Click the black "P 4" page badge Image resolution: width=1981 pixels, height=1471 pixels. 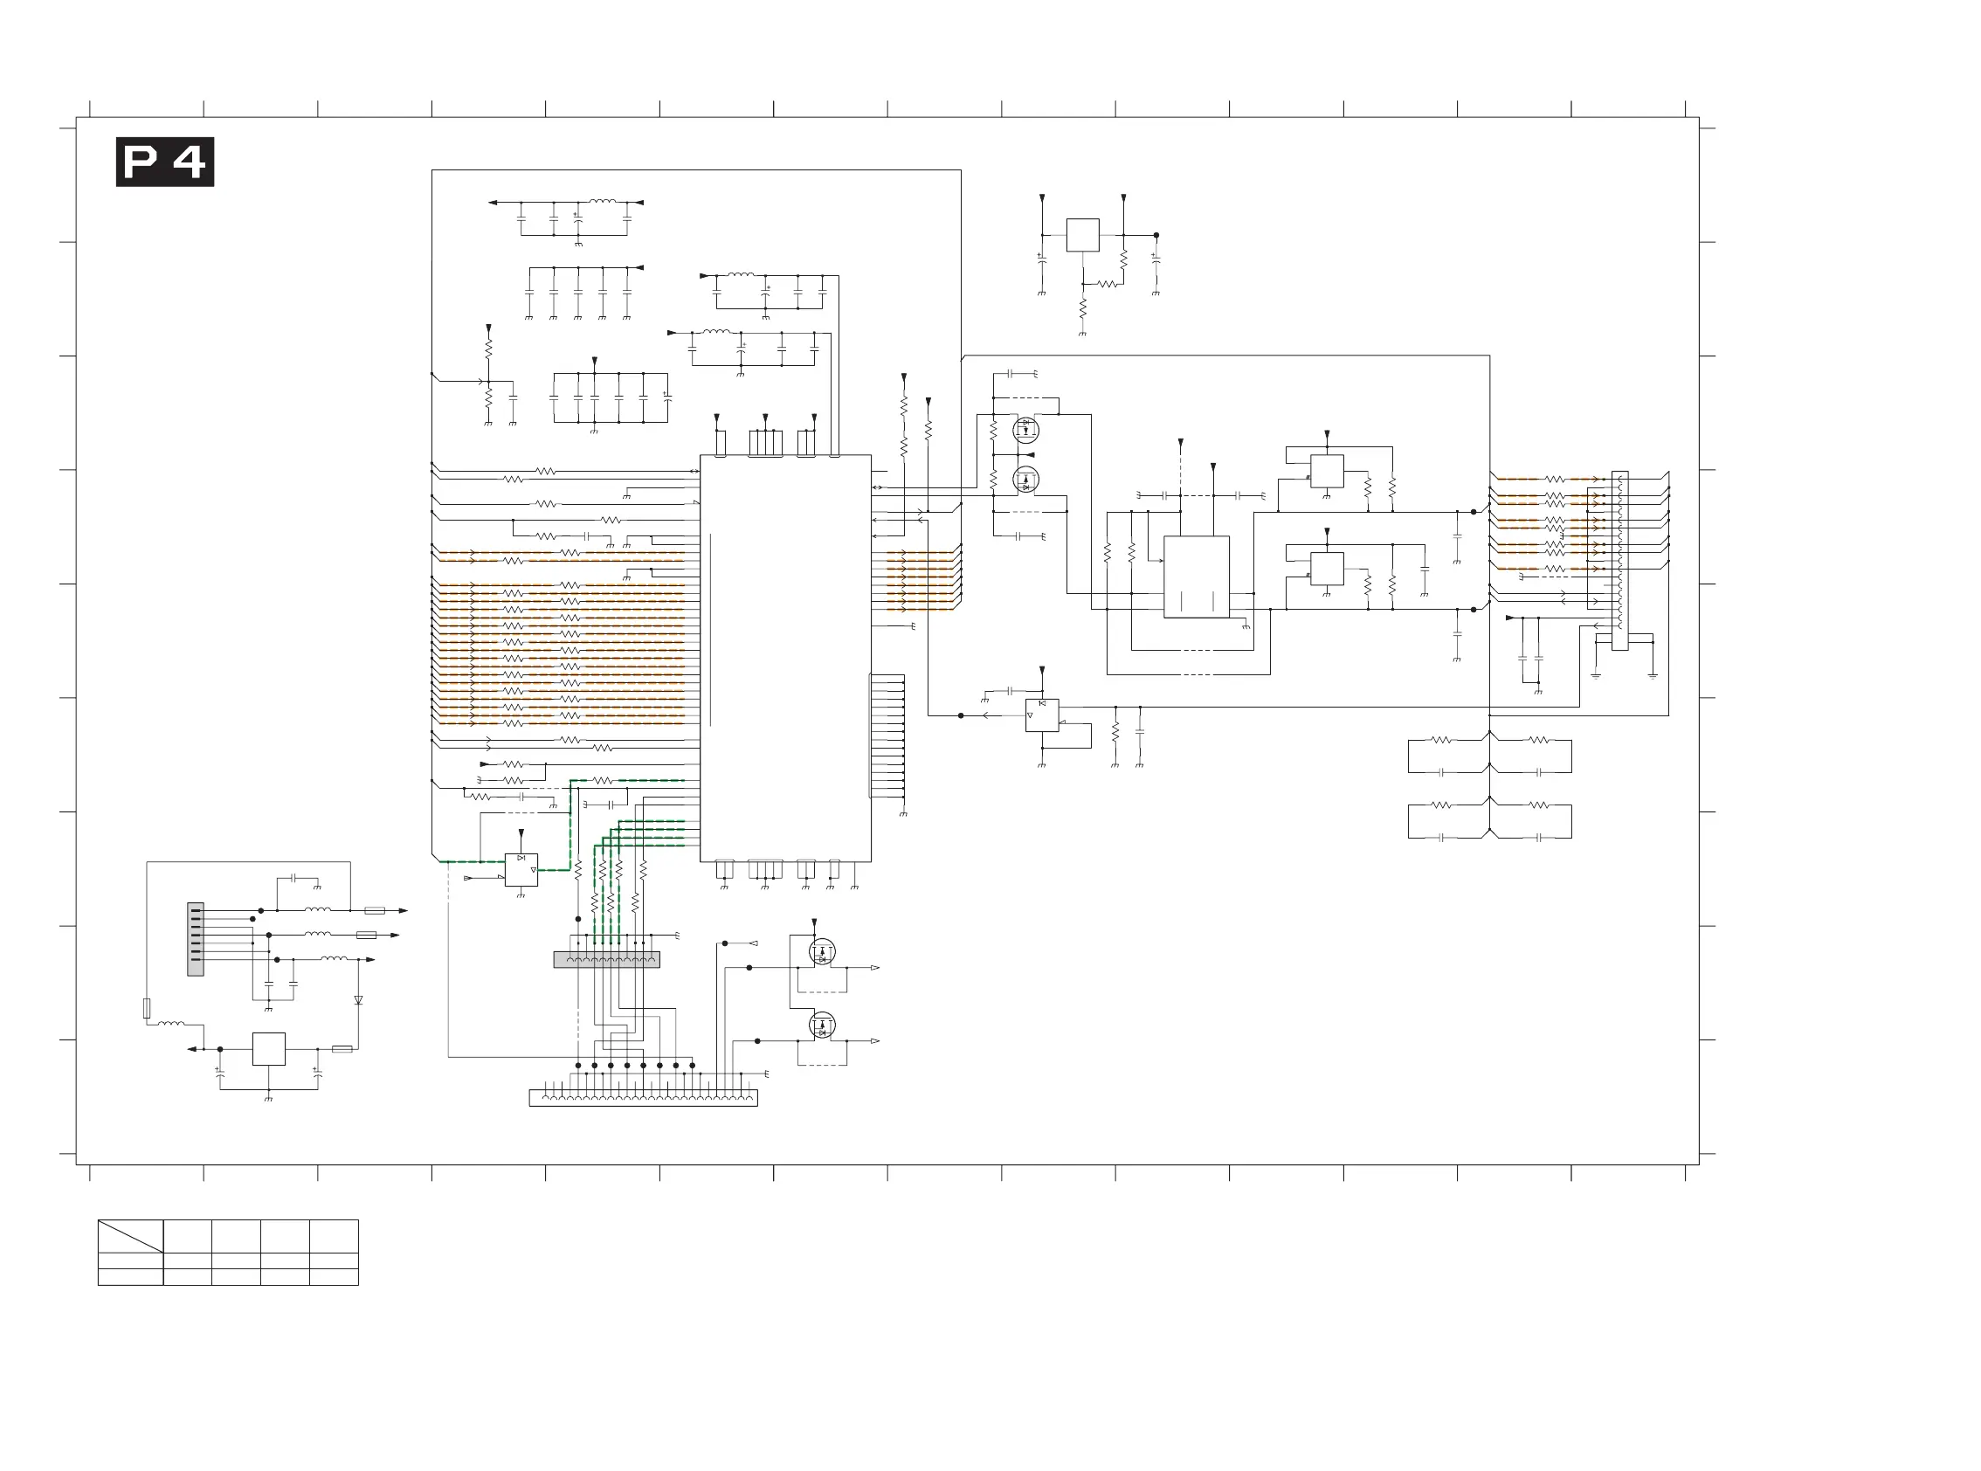[x=165, y=162]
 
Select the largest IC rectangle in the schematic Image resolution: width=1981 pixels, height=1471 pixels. [x=785, y=658]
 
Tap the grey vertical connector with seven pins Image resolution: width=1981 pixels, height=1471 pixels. [x=196, y=939]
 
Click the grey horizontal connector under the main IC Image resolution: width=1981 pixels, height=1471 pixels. [x=606, y=959]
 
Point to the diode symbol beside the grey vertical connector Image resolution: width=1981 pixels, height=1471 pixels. [x=358, y=1000]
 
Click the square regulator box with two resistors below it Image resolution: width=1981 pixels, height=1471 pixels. [x=1083, y=235]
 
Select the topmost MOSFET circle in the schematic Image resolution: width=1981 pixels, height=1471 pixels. [x=1025, y=430]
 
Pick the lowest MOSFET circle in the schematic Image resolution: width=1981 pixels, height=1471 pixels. [x=822, y=1025]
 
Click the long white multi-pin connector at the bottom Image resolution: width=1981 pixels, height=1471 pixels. [x=643, y=1098]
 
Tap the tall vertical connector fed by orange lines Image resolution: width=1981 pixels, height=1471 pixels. [x=1620, y=561]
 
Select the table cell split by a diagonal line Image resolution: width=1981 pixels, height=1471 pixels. [x=130, y=1236]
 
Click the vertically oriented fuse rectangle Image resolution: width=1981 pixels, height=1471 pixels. [x=147, y=1008]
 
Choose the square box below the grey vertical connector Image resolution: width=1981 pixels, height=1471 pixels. [x=269, y=1049]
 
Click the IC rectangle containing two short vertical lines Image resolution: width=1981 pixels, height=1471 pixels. [x=1197, y=577]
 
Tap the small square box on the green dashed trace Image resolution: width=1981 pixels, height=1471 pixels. [x=521, y=870]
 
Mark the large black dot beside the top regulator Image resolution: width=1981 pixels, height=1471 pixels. [x=1156, y=235]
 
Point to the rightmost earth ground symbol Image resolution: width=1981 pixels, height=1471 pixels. [x=1653, y=676]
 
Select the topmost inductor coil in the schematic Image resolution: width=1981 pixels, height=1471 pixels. [x=603, y=202]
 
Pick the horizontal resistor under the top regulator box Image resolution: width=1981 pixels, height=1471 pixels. [x=1107, y=284]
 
